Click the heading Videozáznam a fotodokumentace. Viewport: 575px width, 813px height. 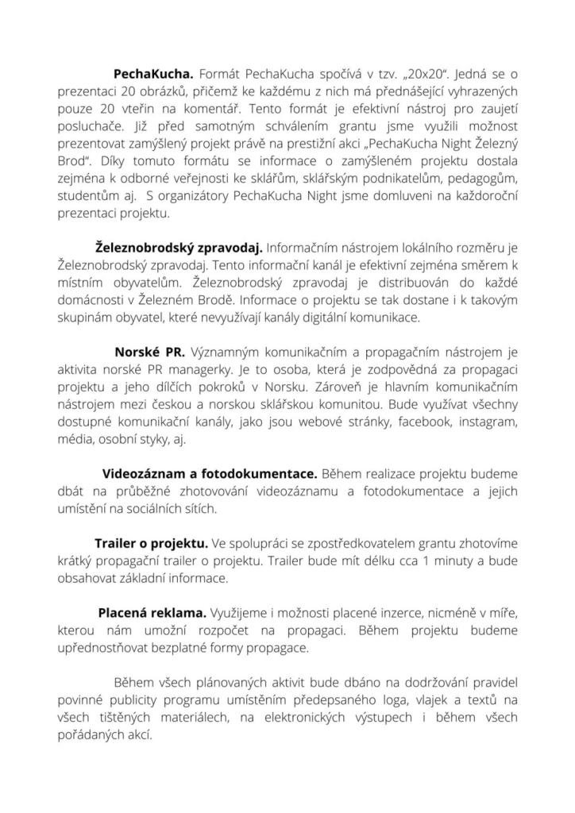[x=210, y=474]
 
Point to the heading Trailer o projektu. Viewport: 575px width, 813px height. [x=152, y=544]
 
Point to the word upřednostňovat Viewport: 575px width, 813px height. [x=111, y=649]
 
